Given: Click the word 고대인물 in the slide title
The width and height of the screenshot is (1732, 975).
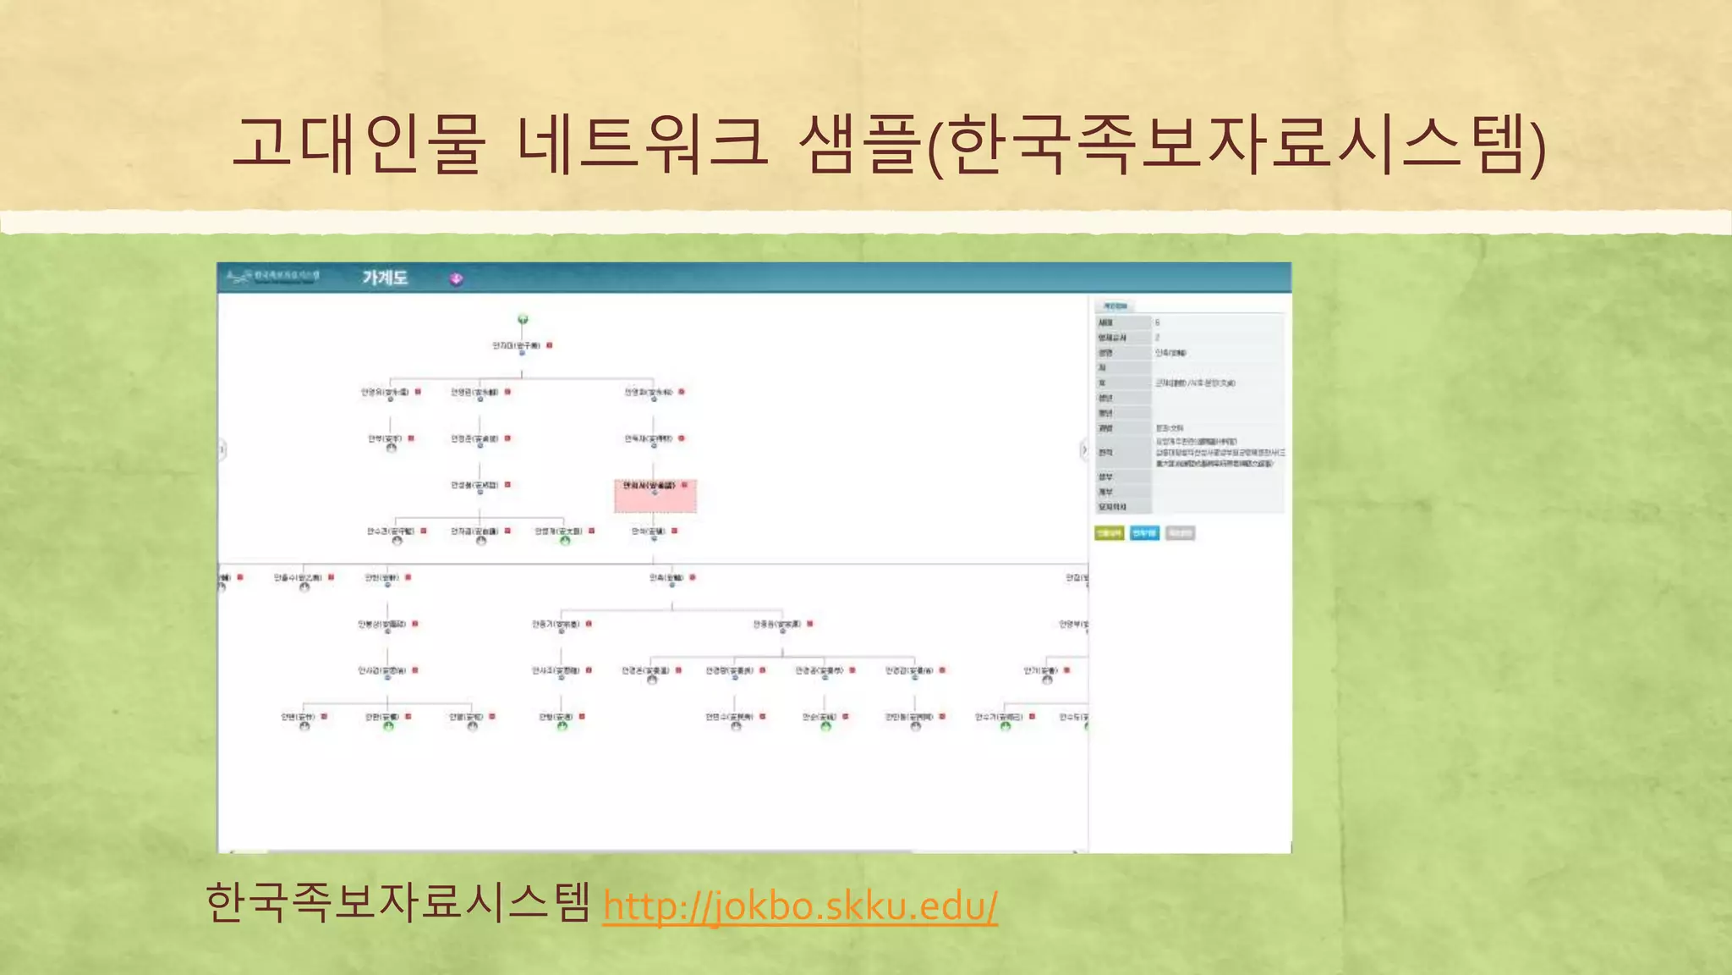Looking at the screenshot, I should pos(359,144).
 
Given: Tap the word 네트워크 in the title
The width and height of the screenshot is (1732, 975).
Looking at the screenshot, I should pos(643,144).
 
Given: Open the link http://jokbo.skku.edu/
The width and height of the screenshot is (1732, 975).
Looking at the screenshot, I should pos(800,906).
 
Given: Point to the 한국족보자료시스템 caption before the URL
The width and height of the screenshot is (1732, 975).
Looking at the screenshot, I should pos(397,902).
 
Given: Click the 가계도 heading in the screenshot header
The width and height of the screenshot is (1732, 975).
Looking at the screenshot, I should pos(385,278).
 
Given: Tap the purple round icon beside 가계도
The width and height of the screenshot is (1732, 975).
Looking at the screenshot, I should pos(457,278).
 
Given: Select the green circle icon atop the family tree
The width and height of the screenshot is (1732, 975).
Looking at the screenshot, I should pos(523,319).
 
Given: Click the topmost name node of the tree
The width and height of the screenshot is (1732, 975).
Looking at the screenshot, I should pos(516,345).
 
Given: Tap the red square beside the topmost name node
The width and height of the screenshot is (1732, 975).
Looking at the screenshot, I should pos(550,345).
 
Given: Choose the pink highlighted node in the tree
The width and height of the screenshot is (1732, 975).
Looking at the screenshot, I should pos(655,495).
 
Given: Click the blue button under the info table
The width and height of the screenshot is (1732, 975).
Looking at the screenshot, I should pos(1144,532).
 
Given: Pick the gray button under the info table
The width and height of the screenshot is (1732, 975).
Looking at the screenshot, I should pos(1180,532).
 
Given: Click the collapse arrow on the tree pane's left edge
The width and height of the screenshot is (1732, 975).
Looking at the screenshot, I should pos(222,449).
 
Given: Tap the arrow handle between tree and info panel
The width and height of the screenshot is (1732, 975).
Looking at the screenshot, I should pos(1084,449).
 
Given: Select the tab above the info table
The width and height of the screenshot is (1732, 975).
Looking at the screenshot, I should pos(1115,306).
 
